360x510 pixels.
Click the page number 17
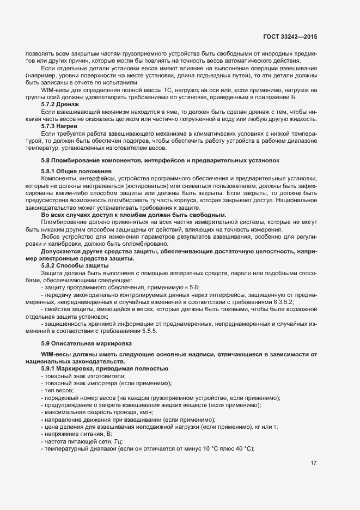point(313,463)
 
